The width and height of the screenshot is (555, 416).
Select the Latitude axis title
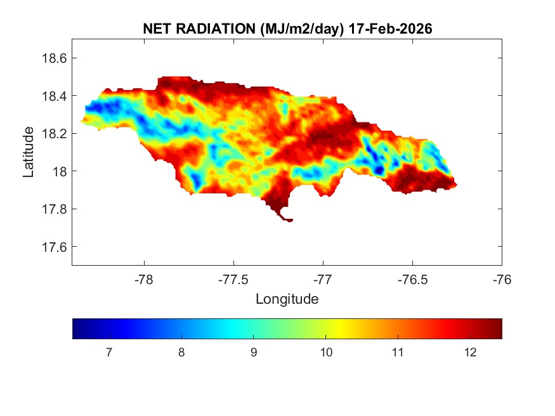pyautogui.click(x=29, y=152)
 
